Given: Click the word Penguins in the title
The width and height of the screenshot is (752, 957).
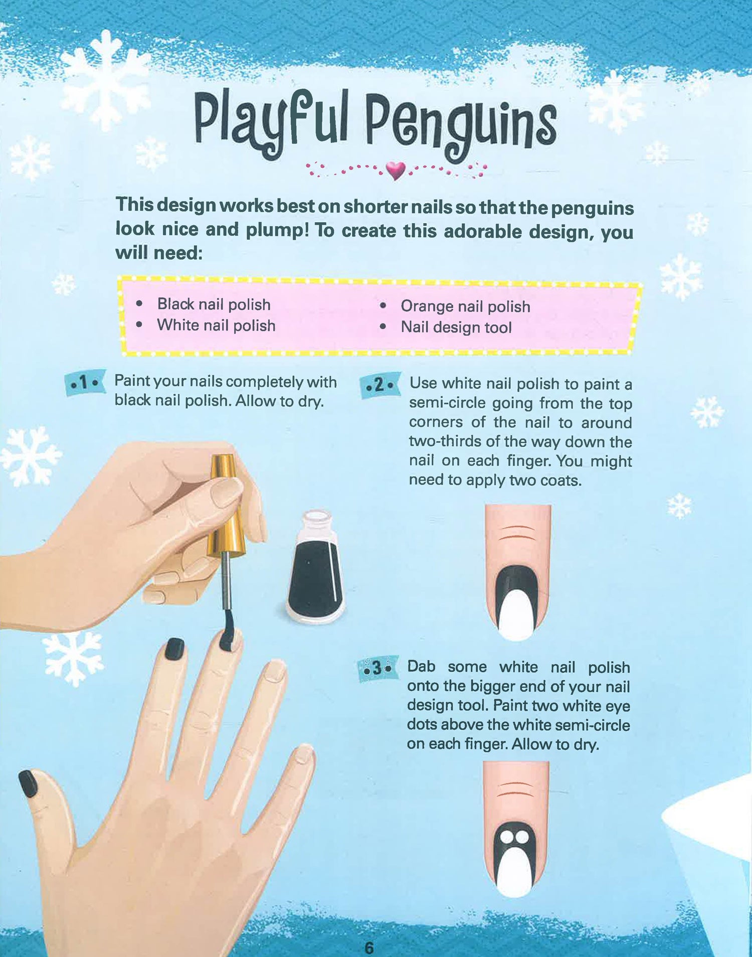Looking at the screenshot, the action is point(461,126).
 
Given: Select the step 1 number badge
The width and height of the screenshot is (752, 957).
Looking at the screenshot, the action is point(85,384).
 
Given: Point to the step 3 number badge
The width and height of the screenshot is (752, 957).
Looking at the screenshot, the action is point(378,669).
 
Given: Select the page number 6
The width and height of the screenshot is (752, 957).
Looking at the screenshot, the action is point(369,948).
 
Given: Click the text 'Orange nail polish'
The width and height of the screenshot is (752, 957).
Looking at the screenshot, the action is point(465,306).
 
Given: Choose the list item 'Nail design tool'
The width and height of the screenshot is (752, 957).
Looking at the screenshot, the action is point(456,328).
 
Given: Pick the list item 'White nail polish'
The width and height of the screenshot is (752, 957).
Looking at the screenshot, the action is point(216,326).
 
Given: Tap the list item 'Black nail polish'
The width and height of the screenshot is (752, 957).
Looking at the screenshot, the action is point(214,304).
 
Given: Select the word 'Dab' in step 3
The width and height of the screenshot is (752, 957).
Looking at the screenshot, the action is point(421,667).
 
